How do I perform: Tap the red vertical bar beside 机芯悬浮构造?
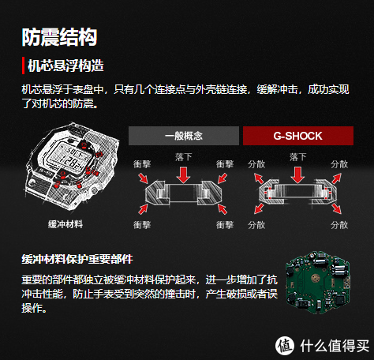[x=23, y=65]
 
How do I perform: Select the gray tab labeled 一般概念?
[x=183, y=136]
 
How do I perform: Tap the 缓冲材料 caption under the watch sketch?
[x=65, y=224]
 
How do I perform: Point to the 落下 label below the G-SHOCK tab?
[x=297, y=158]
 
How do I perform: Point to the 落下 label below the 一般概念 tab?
[x=183, y=158]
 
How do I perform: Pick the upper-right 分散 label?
[x=339, y=163]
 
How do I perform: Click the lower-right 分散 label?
[x=339, y=226]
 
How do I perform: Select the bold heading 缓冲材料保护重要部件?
[x=77, y=259]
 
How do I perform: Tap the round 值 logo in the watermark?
[x=284, y=344]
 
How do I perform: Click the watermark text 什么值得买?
[x=331, y=345]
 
